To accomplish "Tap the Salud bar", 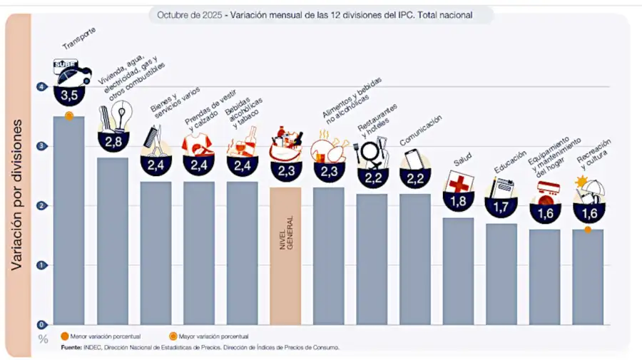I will click(458, 271).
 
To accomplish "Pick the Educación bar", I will click(501, 274).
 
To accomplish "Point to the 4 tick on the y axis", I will click(43, 87).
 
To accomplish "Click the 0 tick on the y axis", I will click(43, 324).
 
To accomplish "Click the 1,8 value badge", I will click(458, 201).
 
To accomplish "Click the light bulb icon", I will click(123, 113).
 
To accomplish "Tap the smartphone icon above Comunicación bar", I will click(414, 158).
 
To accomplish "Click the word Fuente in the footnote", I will click(71, 347).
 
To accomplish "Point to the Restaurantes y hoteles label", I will click(377, 120).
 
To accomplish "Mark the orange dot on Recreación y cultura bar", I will click(588, 230).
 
